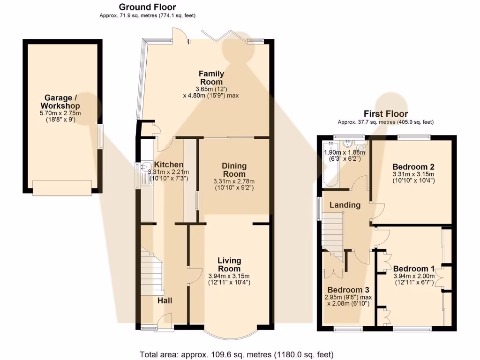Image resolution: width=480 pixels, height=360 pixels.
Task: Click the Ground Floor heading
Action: (x=147, y=7)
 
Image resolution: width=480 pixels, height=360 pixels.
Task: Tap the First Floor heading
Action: (x=386, y=114)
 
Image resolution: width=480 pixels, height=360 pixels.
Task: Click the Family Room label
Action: (x=211, y=78)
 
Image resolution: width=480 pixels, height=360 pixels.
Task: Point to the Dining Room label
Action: (x=234, y=170)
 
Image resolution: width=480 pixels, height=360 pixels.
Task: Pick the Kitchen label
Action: (x=169, y=165)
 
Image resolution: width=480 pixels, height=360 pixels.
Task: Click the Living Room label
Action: (x=229, y=264)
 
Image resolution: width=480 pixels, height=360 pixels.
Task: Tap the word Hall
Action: (x=164, y=300)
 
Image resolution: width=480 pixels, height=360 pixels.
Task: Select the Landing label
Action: (x=345, y=205)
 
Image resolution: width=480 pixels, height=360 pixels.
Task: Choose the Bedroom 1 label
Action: (x=414, y=269)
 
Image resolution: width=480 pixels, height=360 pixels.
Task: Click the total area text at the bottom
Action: (x=237, y=354)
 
